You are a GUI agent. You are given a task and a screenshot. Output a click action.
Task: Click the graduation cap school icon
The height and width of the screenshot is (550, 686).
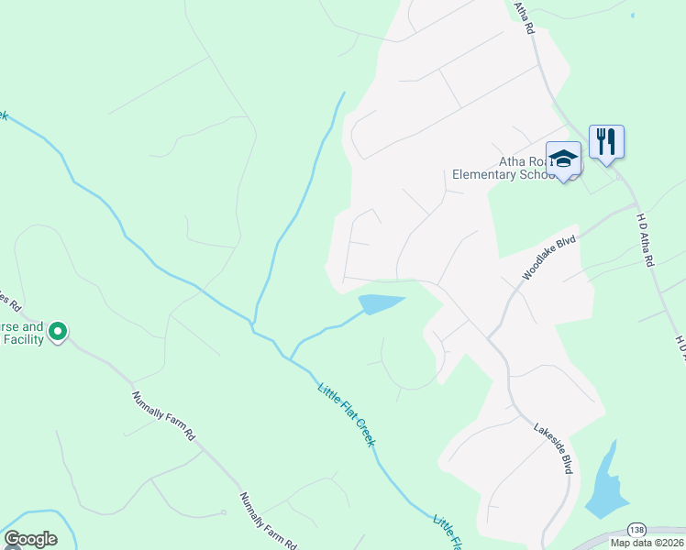click(x=563, y=158)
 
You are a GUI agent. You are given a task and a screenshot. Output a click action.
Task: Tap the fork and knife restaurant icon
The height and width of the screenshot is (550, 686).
click(x=606, y=142)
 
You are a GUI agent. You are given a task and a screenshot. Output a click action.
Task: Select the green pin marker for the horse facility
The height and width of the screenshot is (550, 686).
click(x=58, y=330)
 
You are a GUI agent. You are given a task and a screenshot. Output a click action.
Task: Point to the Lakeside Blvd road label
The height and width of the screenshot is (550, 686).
click(x=553, y=446)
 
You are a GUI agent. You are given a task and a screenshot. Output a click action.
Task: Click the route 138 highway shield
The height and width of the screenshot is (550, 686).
click(x=636, y=531)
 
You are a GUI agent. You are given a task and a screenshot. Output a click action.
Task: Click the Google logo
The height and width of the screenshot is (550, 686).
click(x=30, y=539)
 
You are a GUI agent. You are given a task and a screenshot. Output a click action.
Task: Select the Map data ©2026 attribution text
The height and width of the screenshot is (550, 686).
click(x=646, y=543)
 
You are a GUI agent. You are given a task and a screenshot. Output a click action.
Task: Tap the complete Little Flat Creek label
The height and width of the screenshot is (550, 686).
click(x=347, y=414)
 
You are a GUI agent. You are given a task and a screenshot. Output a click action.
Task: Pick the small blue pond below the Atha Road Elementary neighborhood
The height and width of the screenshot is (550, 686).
click(x=380, y=303)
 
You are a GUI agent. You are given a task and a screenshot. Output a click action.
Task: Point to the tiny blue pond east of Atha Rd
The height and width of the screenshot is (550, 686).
click(x=632, y=16)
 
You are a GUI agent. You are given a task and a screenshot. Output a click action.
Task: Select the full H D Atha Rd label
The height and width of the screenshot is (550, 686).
click(x=645, y=239)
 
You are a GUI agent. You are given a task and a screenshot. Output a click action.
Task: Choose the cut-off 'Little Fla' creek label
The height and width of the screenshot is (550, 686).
click(x=447, y=530)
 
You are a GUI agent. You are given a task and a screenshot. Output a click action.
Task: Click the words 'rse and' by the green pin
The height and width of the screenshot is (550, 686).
click(x=21, y=326)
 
